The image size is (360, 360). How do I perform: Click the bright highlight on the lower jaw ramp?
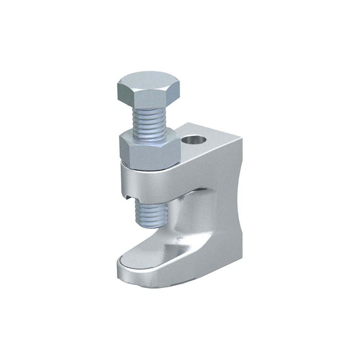[173, 248]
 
